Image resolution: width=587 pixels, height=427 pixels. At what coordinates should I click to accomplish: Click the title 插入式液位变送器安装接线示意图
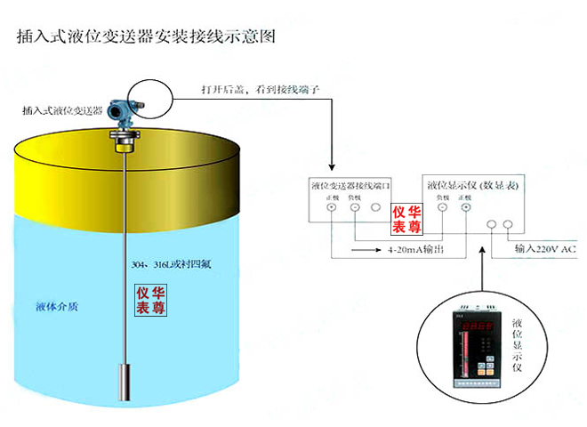147,37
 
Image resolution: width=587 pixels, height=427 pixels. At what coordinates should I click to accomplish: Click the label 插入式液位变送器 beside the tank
62,111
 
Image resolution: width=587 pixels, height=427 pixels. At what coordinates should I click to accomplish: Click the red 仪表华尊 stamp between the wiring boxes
407,217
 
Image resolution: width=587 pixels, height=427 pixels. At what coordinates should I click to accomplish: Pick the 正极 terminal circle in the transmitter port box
331,208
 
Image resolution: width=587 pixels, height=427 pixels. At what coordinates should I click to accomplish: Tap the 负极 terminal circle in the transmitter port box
354,208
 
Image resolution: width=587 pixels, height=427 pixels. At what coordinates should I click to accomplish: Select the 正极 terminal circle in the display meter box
463,208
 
